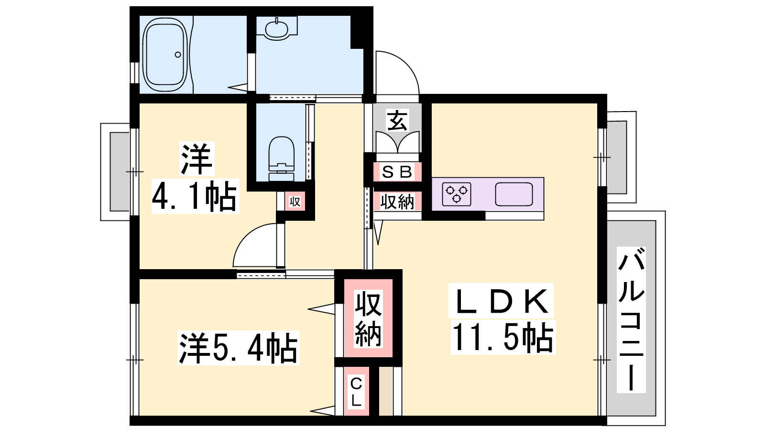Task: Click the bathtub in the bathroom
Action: click(165, 55)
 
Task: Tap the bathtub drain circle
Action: click(177, 55)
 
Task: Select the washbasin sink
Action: click(277, 29)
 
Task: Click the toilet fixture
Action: click(282, 159)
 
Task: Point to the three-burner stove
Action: click(457, 194)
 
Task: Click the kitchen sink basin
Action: click(514, 194)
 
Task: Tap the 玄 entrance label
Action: click(397, 120)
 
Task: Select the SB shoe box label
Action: click(397, 172)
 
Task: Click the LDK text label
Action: click(502, 301)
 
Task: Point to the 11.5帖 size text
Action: click(503, 338)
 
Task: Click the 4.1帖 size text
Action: click(195, 196)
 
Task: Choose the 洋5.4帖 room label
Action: click(238, 348)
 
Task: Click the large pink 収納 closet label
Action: click(368, 318)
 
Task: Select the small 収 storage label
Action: click(295, 202)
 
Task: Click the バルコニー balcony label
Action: click(631, 320)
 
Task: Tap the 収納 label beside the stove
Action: click(397, 202)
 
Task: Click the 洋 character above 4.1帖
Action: click(197, 159)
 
